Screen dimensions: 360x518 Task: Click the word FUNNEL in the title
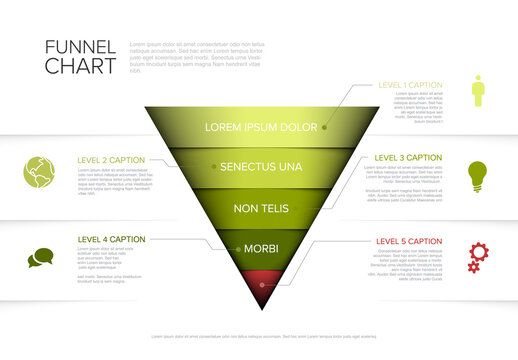coord(80,46)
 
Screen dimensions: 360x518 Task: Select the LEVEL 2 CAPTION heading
coord(111,159)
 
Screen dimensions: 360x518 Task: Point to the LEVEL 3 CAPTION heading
coord(408,157)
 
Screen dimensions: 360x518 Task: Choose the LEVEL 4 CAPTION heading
coord(111,240)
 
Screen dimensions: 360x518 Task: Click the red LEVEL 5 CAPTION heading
coord(408,241)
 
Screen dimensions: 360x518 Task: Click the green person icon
coord(478,90)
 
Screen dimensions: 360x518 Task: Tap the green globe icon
coord(39,171)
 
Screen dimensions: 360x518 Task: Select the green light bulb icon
coord(478,174)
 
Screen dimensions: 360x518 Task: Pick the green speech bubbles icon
coord(39,258)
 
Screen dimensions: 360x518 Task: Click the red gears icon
coord(478,256)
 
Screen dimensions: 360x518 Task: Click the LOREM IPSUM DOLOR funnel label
coord(259,128)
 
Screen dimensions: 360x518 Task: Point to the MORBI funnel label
coord(260,248)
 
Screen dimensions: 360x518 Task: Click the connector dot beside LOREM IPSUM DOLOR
coord(324,128)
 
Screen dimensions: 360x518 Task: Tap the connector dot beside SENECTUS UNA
coord(211,167)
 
